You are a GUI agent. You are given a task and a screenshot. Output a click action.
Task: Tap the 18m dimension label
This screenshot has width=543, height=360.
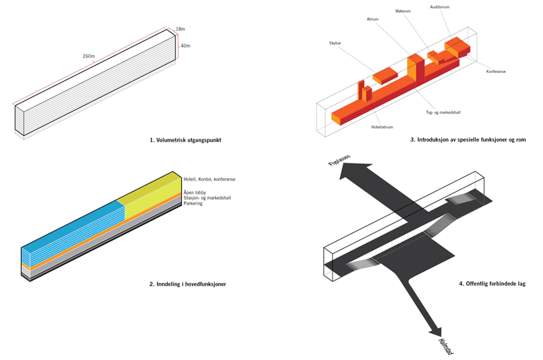tap(181, 29)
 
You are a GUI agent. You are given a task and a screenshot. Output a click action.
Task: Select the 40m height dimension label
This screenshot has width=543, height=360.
tap(185, 46)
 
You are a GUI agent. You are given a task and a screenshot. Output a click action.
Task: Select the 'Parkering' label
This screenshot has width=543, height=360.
tap(194, 203)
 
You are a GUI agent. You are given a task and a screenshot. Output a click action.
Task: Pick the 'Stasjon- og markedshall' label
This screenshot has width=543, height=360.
tap(207, 198)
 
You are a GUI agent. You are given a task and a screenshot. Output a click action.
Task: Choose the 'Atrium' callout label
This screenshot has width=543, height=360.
tap(372, 19)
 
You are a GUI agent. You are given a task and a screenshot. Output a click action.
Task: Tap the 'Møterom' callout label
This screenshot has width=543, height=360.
tap(404, 11)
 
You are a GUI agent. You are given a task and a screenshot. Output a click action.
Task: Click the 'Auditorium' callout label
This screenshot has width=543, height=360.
tap(440, 7)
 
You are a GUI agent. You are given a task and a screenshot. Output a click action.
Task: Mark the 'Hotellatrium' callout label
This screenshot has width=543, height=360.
tap(384, 126)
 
